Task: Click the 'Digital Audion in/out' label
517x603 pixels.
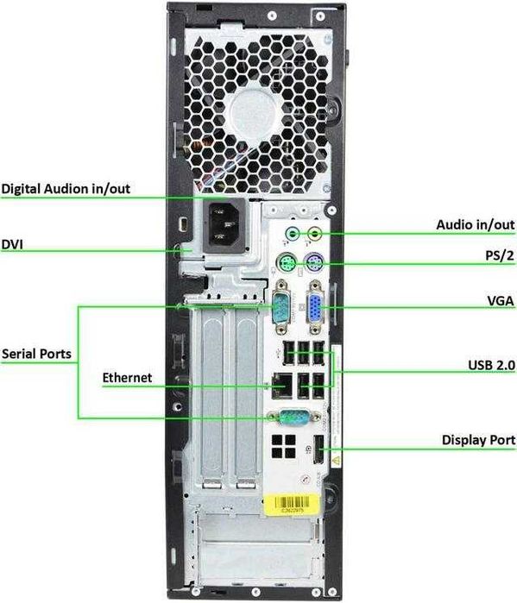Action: pos(66,188)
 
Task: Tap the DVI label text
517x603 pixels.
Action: pos(12,244)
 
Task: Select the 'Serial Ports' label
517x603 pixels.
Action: pos(36,353)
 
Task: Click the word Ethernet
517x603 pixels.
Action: pos(127,377)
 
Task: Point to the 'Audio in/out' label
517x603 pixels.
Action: pos(475,224)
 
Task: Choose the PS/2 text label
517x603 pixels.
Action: pos(499,256)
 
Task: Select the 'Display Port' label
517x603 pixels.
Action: pos(479,440)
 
